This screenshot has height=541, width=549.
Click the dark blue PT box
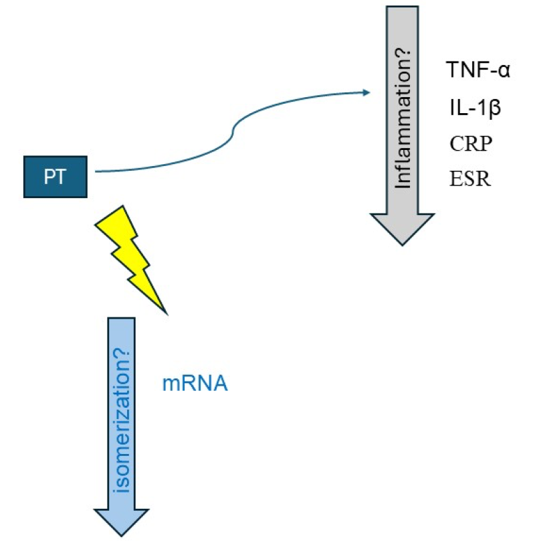(56, 177)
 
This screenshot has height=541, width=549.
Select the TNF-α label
(477, 69)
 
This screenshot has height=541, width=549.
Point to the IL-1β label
(475, 106)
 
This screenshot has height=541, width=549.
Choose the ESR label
(468, 179)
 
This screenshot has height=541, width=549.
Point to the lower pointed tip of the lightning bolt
(164, 312)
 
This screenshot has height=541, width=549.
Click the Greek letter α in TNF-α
(504, 70)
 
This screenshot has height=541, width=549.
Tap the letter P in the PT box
(50, 177)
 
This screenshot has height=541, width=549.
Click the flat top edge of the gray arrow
(403, 7)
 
